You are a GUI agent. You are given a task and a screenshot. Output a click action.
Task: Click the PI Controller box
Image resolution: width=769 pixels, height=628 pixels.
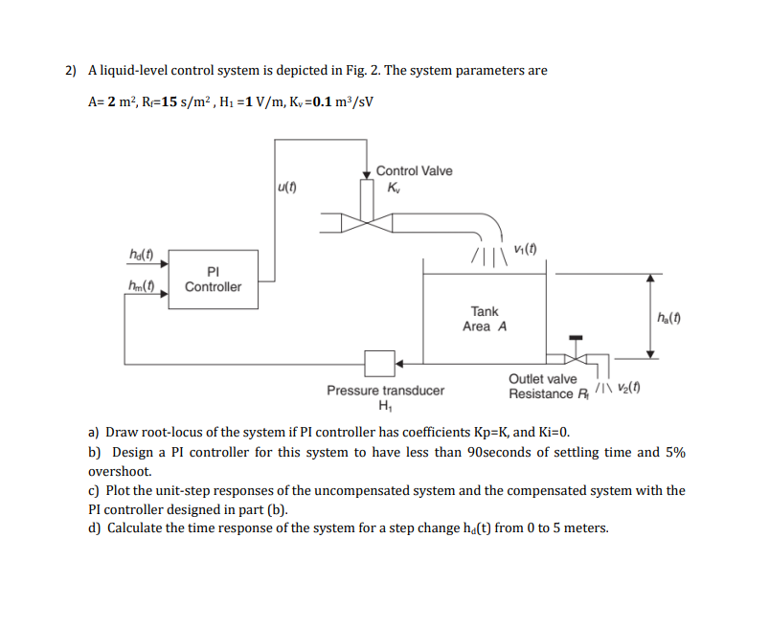(x=213, y=279)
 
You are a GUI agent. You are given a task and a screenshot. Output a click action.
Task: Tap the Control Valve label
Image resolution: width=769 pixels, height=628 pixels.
(x=414, y=170)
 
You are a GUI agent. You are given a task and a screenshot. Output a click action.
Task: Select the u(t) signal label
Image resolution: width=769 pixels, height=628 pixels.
(x=285, y=186)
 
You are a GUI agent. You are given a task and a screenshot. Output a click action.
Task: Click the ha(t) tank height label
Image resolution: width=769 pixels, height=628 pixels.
(x=667, y=319)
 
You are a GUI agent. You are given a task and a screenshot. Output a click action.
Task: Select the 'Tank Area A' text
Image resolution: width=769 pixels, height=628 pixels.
(x=485, y=319)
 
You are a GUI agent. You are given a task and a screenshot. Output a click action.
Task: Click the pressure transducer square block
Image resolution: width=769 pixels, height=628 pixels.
(x=379, y=364)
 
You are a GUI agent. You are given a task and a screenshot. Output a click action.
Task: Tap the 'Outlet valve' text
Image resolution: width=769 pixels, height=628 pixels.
(x=542, y=379)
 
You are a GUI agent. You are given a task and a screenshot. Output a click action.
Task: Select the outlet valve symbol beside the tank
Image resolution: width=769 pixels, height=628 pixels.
(x=575, y=358)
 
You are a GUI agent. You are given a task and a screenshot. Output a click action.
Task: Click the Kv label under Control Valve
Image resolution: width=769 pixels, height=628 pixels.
(x=396, y=187)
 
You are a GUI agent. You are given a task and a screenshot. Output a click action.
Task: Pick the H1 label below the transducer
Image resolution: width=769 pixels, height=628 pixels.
(x=386, y=406)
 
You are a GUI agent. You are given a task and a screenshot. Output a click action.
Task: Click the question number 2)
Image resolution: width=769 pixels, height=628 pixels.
(x=71, y=70)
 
